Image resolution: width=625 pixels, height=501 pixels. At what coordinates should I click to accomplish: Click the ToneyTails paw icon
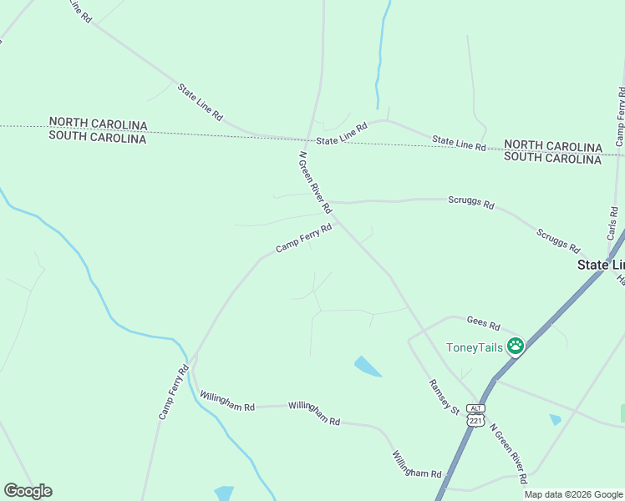pos(516,346)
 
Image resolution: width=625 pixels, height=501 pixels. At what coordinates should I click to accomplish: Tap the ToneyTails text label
pos(475,348)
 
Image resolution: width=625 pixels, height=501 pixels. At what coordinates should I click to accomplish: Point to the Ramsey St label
pos(445,397)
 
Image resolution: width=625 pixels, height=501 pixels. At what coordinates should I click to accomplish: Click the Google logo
pos(28,491)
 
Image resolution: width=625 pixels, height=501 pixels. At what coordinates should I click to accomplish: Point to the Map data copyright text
pos(573,494)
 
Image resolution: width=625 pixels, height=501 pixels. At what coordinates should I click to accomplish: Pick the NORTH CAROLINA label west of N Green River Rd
pos(98,124)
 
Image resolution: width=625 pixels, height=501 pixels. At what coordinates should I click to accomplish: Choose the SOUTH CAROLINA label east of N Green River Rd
pos(552,158)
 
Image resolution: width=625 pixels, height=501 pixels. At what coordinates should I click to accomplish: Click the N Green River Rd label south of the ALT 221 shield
pos(508,453)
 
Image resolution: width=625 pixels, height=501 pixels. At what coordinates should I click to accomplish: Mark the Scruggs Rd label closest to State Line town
pos(558,241)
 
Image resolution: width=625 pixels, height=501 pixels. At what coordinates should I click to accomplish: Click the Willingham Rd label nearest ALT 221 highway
pos(416,464)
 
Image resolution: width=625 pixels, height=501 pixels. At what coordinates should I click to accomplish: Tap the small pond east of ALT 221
pos(556,419)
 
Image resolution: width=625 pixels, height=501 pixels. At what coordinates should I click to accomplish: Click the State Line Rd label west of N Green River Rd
pos(201,100)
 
